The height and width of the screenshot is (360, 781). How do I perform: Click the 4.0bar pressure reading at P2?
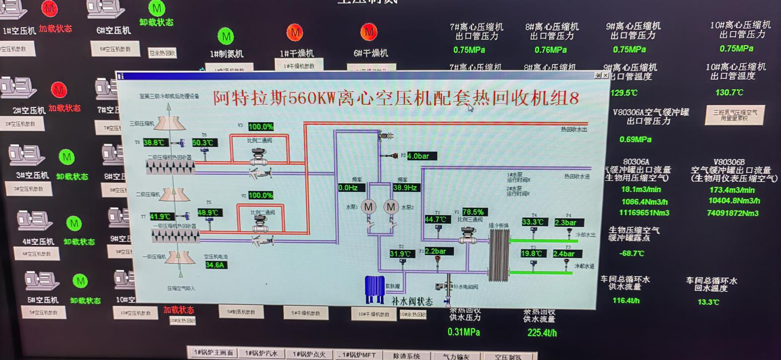tap(422, 156)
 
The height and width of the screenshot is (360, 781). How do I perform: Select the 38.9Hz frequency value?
tap(405, 188)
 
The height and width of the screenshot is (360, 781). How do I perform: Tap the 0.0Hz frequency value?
tap(351, 188)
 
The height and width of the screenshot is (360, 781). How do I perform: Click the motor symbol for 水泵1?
tap(368, 207)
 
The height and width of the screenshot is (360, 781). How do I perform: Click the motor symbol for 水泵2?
tap(391, 207)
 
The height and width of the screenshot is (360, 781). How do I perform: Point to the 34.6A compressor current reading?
tap(215, 265)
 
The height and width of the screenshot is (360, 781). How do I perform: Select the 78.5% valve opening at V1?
tap(473, 212)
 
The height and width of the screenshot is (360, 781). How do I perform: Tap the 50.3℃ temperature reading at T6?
tap(204, 143)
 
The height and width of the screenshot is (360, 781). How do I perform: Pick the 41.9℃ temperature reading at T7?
tap(160, 216)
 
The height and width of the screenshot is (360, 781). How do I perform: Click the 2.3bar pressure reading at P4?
tap(568, 223)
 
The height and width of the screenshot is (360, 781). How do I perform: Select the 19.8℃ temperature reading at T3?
tap(532, 254)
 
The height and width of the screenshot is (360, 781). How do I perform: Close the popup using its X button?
tap(605, 75)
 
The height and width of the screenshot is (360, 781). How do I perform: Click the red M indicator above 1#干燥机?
tap(295, 33)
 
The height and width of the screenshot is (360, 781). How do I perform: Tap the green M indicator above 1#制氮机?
tap(226, 36)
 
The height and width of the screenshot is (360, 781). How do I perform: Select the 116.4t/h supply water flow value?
tap(626, 300)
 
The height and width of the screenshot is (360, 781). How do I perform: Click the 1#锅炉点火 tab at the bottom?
tap(309, 354)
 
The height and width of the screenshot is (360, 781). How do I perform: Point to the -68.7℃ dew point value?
tap(632, 253)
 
